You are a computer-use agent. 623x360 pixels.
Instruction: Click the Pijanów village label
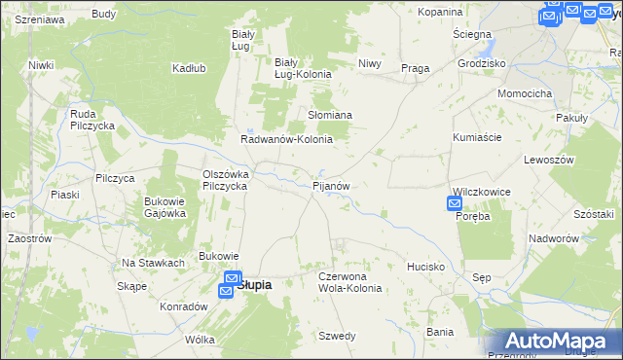click(331, 185)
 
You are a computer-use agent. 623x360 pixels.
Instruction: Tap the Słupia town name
click(254, 285)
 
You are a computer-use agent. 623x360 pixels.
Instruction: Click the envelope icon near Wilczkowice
click(455, 203)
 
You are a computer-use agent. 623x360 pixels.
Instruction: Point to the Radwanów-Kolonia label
click(287, 139)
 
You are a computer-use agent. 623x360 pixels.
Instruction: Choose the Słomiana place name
click(330, 115)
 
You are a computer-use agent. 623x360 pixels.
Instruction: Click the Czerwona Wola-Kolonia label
click(349, 282)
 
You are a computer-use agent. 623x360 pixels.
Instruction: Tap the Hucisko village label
click(426, 266)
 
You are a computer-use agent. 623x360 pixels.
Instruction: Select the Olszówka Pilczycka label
click(226, 180)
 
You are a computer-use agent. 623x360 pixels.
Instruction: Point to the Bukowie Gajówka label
click(165, 207)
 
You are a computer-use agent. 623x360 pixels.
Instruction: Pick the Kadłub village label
click(188, 68)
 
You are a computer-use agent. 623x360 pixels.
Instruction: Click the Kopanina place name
click(440, 12)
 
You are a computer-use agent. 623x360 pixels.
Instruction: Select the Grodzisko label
click(482, 63)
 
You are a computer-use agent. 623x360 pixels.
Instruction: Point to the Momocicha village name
click(525, 93)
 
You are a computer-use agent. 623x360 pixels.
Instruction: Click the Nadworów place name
click(554, 238)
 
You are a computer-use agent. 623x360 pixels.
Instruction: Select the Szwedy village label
click(337, 336)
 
